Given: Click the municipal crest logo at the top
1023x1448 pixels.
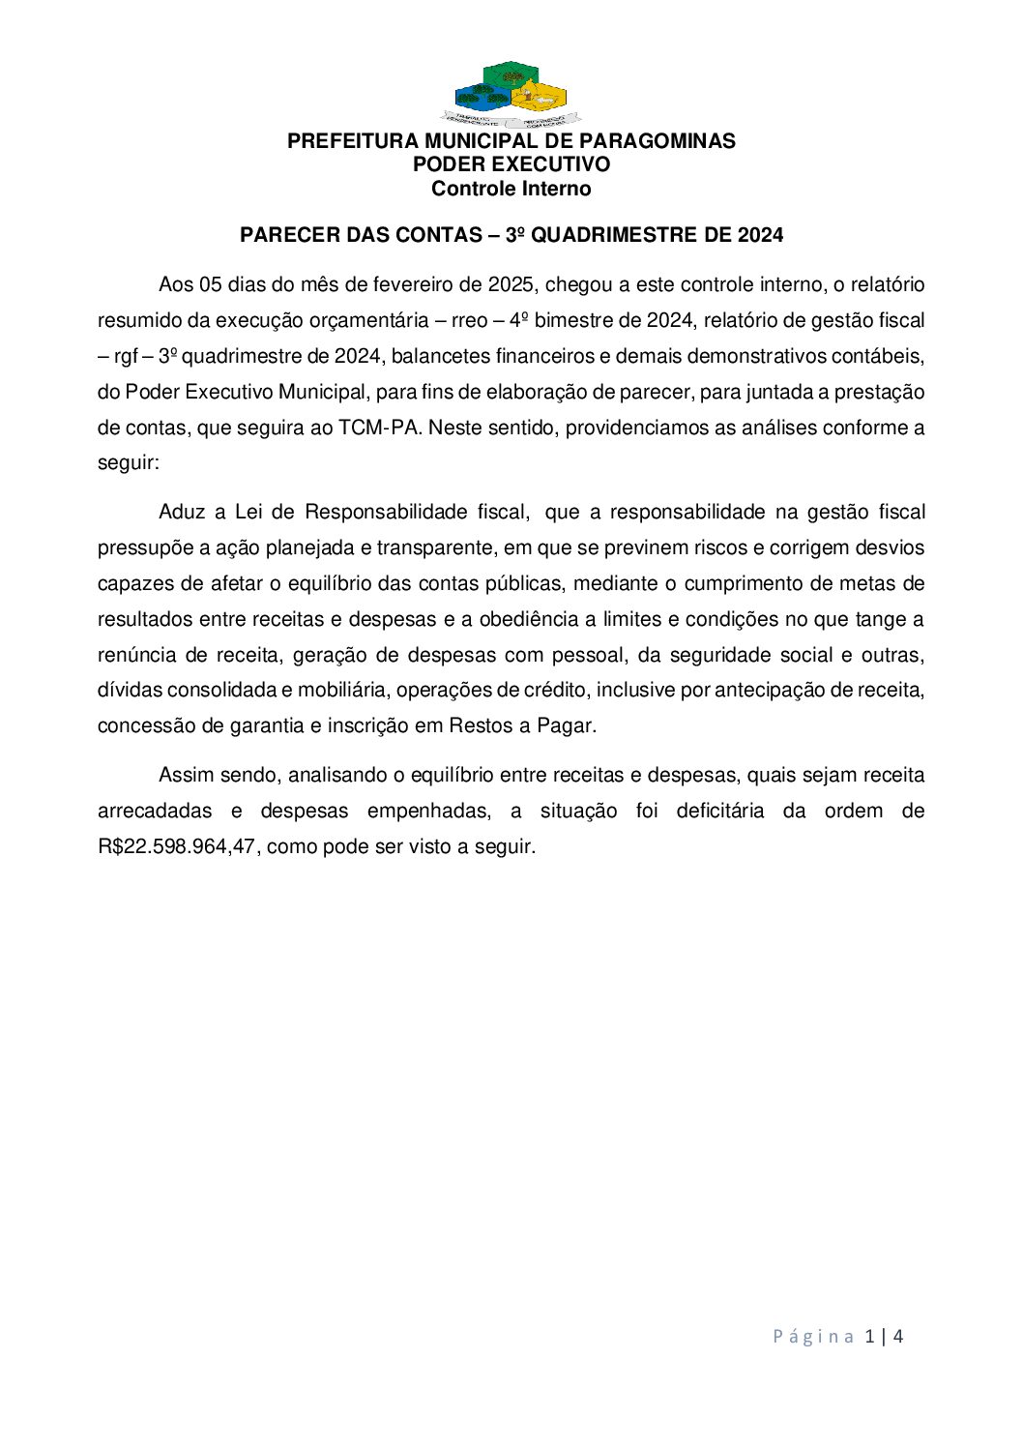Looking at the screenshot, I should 511,94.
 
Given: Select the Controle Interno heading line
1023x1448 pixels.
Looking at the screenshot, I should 511,189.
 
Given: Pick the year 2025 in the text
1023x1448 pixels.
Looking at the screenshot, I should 511,284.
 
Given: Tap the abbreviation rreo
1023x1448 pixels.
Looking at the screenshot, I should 469,320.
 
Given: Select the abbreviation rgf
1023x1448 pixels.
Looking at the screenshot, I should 126,356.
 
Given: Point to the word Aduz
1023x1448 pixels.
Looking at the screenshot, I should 181,512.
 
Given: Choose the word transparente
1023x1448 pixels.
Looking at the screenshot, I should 434,547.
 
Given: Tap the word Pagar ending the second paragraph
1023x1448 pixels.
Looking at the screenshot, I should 565,726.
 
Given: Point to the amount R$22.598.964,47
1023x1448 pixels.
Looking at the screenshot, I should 177,846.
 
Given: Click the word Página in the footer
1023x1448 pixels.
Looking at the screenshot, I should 813,1337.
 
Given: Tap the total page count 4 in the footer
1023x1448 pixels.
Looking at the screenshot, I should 898,1337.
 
